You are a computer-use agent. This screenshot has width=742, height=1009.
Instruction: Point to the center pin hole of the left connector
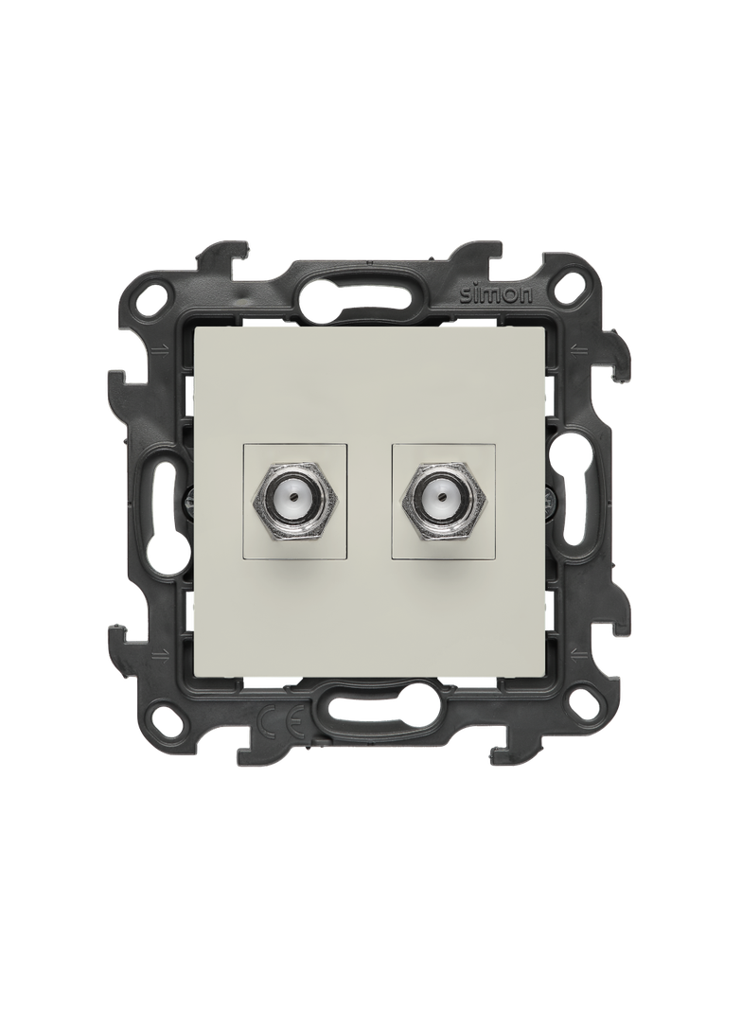coord(296,498)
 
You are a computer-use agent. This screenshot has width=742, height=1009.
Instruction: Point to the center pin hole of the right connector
coord(443,498)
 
